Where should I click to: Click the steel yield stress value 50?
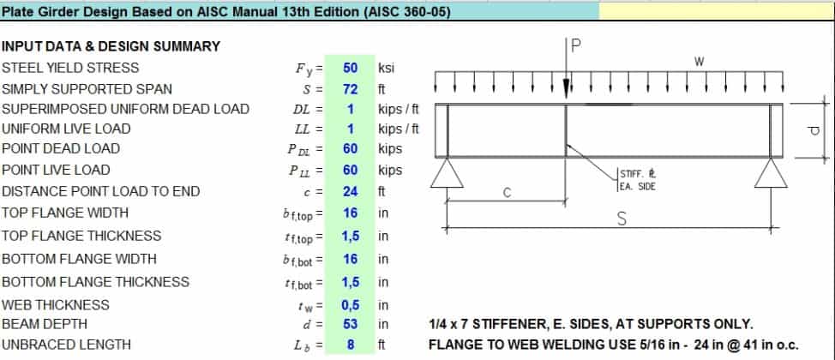[x=350, y=68]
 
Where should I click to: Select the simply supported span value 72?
[x=350, y=89]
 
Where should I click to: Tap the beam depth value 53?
[x=350, y=325]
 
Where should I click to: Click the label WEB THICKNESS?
[x=56, y=305]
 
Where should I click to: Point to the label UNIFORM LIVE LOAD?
[x=66, y=129]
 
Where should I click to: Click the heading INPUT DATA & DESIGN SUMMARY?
[x=111, y=46]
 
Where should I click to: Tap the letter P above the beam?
[x=575, y=47]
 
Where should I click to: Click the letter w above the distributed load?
[x=700, y=62]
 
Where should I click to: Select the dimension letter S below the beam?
[x=622, y=219]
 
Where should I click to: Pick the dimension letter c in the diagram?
[x=507, y=193]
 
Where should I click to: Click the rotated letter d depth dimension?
[x=814, y=129]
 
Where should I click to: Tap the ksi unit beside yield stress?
[x=387, y=68]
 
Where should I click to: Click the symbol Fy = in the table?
[x=308, y=68]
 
